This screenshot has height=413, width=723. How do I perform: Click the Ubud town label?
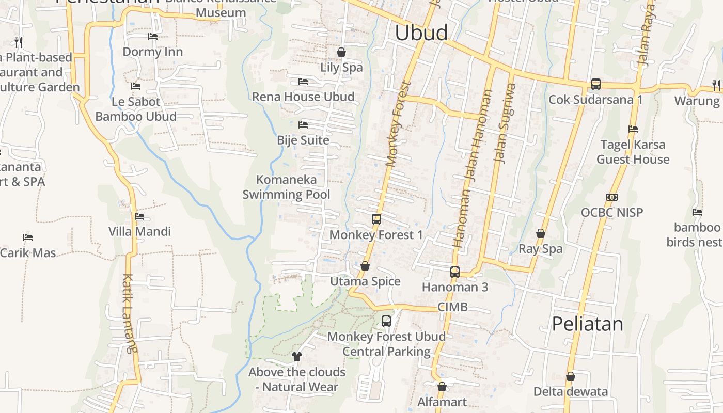point(421,33)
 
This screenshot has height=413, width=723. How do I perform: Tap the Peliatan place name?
point(587,324)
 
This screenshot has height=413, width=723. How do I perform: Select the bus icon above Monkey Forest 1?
point(376,219)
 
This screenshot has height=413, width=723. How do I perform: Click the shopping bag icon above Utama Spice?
point(365,266)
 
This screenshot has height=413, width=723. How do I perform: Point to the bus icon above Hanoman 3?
point(455,272)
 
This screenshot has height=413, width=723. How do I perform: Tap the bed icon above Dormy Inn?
point(153,37)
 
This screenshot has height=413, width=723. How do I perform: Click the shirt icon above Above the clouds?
point(297,356)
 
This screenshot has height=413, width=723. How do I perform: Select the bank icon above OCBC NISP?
point(612,197)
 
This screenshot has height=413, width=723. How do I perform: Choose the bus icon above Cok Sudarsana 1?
point(595,84)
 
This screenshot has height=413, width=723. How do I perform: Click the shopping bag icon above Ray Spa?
point(541,233)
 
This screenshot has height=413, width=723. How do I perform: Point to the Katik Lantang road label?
point(130,313)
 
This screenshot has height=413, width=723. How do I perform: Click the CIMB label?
point(452,307)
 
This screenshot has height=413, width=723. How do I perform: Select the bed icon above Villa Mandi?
point(139,216)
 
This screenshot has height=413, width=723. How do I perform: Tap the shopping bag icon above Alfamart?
point(442,387)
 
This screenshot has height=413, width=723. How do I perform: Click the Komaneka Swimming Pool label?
point(286,187)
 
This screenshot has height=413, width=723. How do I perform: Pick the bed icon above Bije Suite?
point(303,125)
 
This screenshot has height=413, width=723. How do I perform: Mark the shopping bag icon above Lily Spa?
point(341,52)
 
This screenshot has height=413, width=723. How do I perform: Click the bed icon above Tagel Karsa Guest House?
point(633,129)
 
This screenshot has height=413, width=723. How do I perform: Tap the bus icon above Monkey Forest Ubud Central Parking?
point(386,321)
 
